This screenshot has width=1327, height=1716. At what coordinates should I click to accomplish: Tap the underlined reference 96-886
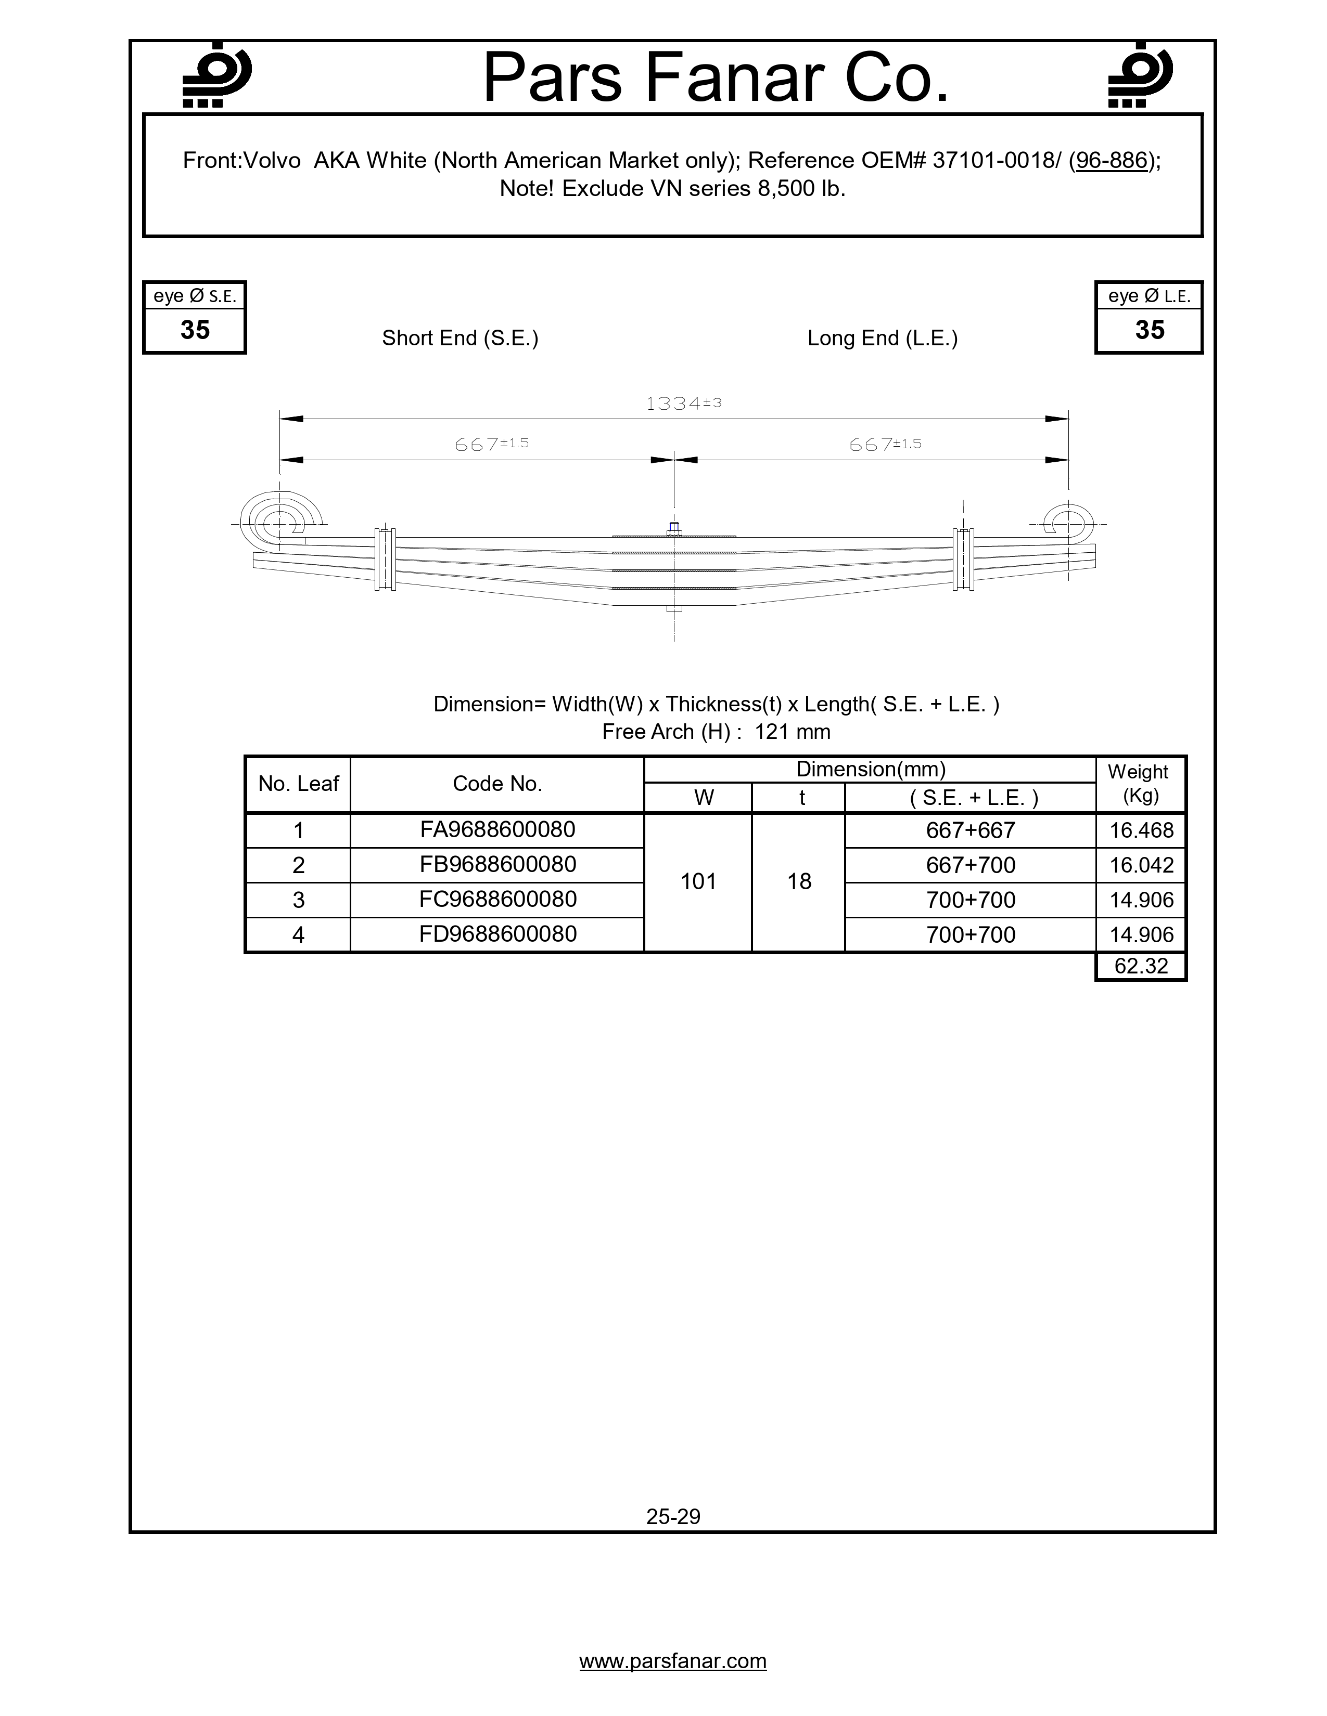tap(1111, 160)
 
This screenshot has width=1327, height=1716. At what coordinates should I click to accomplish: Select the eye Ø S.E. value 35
tap(195, 330)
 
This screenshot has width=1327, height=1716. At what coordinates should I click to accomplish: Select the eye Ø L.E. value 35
tap(1150, 330)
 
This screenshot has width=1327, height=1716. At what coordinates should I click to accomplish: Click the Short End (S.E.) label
tap(460, 338)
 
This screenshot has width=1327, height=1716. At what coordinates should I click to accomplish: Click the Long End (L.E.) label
tap(882, 338)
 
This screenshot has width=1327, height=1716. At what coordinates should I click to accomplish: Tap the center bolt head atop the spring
tap(674, 528)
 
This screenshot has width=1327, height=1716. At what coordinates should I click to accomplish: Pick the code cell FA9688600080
tap(497, 830)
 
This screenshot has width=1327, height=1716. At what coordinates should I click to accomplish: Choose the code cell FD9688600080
tap(497, 934)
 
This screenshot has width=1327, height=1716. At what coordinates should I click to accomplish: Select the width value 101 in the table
tap(698, 881)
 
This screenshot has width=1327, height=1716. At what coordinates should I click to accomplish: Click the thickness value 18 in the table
tap(799, 881)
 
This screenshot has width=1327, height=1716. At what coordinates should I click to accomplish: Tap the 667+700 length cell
tap(970, 865)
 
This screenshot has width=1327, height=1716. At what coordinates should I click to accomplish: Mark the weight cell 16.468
tap(1141, 830)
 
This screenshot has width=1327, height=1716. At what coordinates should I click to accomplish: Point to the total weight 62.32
tap(1141, 966)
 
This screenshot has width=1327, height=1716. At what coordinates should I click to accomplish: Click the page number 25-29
tap(673, 1516)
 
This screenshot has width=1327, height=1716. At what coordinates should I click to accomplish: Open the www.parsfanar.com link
tap(673, 1661)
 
